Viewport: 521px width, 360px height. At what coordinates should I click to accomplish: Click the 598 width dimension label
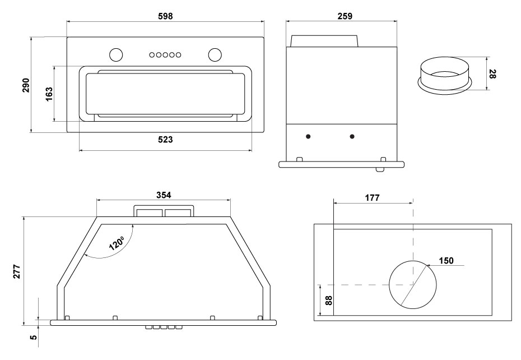pyautogui.click(x=165, y=16)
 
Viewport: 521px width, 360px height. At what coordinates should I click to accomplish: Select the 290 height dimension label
pyautogui.click(x=26, y=85)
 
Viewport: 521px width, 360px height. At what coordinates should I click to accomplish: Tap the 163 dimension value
pyautogui.click(x=49, y=93)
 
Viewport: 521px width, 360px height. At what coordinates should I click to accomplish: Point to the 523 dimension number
pyautogui.click(x=165, y=140)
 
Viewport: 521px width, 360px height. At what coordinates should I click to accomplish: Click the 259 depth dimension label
pyautogui.click(x=345, y=16)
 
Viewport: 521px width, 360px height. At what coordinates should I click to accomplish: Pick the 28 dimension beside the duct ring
pyautogui.click(x=492, y=73)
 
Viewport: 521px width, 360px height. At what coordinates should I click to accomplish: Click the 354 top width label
pyautogui.click(x=163, y=195)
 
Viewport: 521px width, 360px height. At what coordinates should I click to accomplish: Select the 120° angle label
pyautogui.click(x=117, y=243)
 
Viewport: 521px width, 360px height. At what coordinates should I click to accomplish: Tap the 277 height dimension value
pyautogui.click(x=17, y=270)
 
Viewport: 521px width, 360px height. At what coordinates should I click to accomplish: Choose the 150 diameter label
pyautogui.click(x=446, y=261)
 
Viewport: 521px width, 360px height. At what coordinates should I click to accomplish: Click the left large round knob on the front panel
pyautogui.click(x=115, y=54)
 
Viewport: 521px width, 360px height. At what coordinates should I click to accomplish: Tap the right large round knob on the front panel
pyautogui.click(x=215, y=54)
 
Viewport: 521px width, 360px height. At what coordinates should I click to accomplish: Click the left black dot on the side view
pyautogui.click(x=308, y=136)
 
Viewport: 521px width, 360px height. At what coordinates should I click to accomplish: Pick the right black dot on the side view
pyautogui.click(x=352, y=136)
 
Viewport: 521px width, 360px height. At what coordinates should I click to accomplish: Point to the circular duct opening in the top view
pyautogui.click(x=412, y=284)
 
